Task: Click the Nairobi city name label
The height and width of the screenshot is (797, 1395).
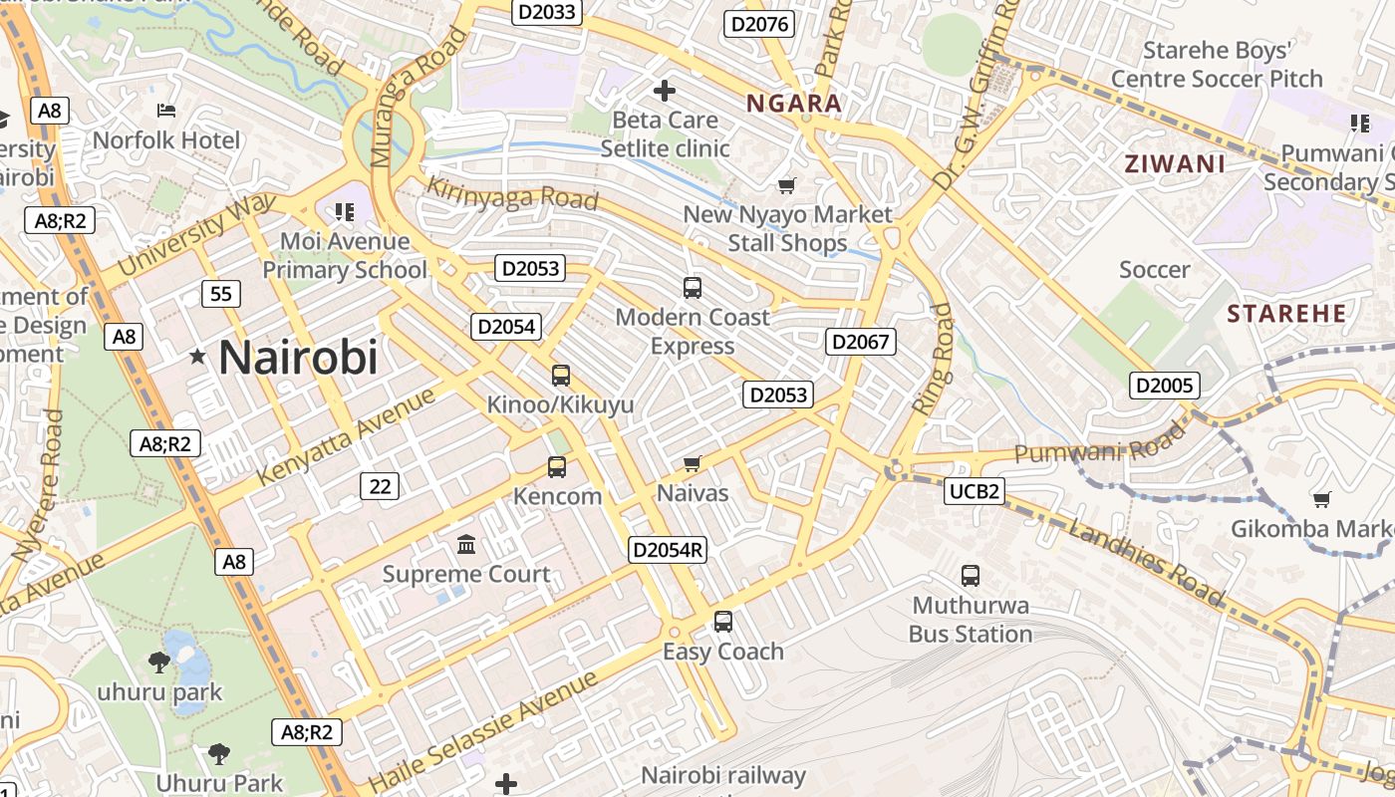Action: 298,357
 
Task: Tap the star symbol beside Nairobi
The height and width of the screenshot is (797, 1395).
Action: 198,356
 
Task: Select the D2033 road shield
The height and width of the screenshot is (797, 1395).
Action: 547,11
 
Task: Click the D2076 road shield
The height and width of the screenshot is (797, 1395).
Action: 759,24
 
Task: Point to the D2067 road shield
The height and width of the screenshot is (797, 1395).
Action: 861,342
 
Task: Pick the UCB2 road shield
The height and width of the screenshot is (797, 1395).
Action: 975,490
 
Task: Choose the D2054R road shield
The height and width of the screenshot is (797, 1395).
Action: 668,549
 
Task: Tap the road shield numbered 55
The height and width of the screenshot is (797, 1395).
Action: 220,293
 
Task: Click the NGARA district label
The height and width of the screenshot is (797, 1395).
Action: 794,104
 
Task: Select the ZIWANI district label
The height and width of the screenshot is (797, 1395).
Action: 1175,164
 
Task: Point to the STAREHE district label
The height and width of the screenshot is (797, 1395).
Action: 1286,315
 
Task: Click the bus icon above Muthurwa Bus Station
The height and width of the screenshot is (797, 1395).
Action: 971,575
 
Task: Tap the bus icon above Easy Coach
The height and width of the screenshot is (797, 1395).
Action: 723,621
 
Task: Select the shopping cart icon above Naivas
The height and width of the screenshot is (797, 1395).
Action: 693,464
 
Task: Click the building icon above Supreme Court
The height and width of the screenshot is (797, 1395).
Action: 466,544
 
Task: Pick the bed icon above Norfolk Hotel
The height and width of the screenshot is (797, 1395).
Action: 166,110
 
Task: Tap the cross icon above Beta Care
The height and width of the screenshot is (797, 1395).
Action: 665,92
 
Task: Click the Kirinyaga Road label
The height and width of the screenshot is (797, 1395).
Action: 512,192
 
